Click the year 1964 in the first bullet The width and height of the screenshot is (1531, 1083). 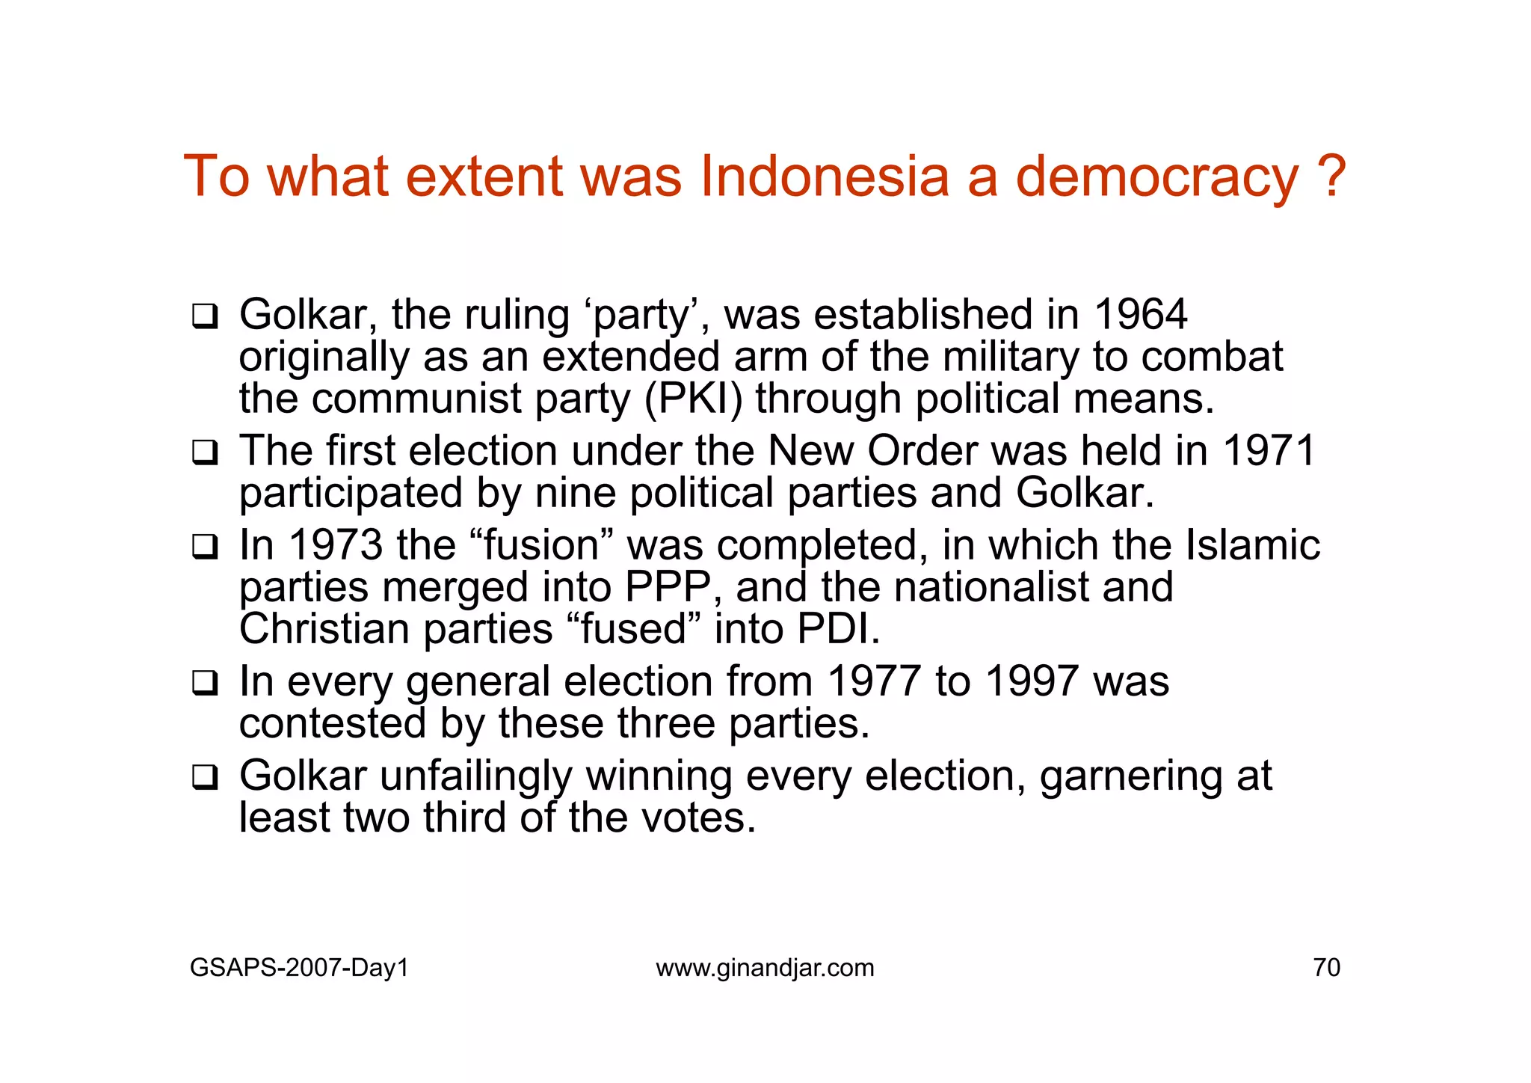pyautogui.click(x=1140, y=315)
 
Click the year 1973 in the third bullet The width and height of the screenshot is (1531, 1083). pyautogui.click(x=336, y=545)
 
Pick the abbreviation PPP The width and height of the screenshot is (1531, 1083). pyautogui.click(x=667, y=587)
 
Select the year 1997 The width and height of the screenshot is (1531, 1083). pyautogui.click(x=1032, y=682)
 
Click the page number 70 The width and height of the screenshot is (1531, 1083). pyautogui.click(x=1326, y=968)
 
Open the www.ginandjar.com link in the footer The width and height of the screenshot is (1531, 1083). pyautogui.click(x=765, y=968)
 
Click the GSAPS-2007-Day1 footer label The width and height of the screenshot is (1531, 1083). pyautogui.click(x=300, y=968)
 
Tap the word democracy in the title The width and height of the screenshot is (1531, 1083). pyautogui.click(x=1157, y=178)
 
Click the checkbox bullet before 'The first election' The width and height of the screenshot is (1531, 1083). pyautogui.click(x=204, y=453)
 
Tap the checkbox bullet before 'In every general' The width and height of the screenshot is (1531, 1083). pyautogui.click(x=204, y=684)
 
